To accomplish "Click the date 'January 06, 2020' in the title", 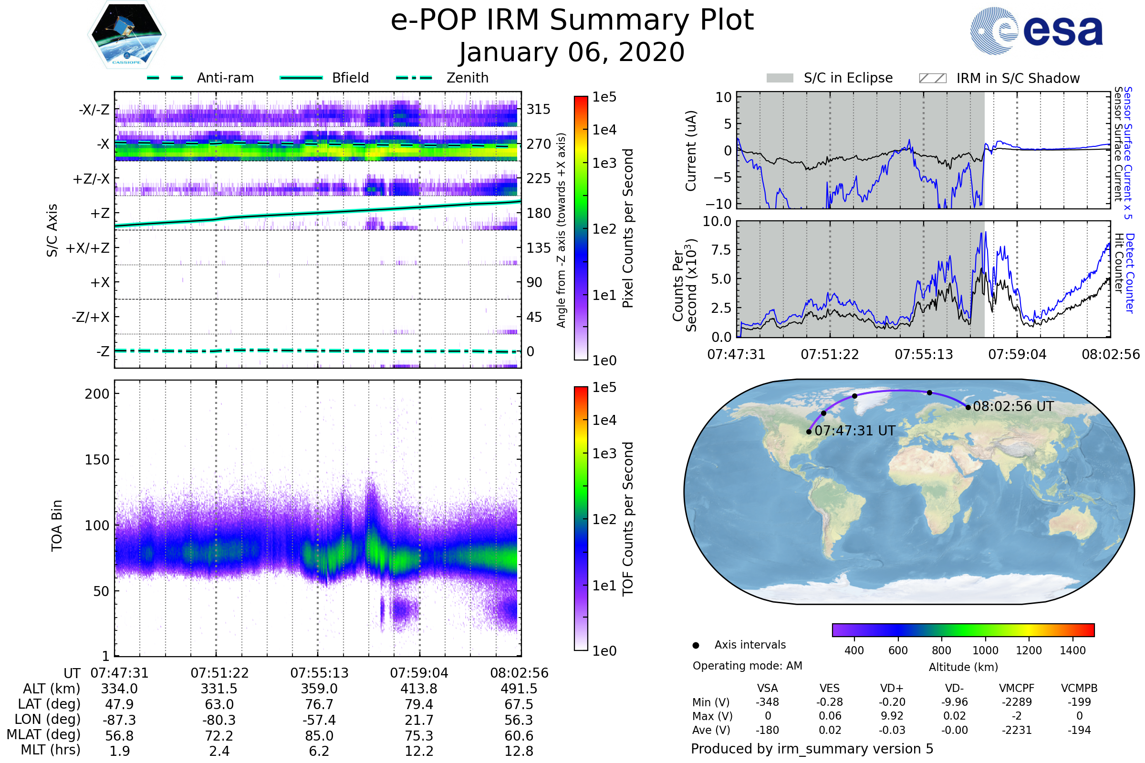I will [572, 52].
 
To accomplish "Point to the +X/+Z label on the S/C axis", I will [88, 248].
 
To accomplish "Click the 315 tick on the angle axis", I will [539, 109].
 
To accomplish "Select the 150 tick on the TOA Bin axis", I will [97, 460].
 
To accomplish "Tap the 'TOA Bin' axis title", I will [56, 526].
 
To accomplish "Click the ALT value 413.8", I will [419, 689].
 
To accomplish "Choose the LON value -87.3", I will [119, 720].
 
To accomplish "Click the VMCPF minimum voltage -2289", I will [1017, 702].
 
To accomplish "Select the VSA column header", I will [767, 689].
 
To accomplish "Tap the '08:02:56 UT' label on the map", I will [1013, 407].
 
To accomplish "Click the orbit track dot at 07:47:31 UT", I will [809, 432].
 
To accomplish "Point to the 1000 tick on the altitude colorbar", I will [985, 650].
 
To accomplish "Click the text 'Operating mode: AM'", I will [747, 666].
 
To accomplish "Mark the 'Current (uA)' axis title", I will [691, 151].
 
